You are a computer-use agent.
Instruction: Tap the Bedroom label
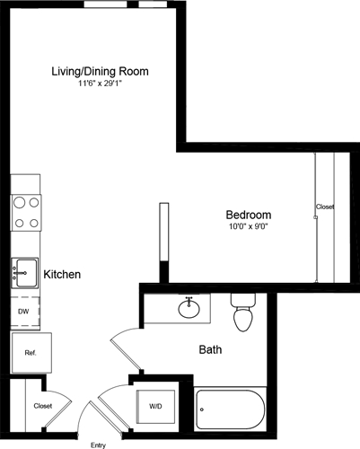tap(248, 215)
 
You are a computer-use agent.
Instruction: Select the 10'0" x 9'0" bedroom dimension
tap(248, 227)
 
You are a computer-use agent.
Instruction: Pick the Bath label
tap(210, 349)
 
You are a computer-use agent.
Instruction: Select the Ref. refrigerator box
tap(29, 353)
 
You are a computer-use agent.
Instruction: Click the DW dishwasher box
tap(24, 311)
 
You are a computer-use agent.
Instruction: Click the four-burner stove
tap(25, 213)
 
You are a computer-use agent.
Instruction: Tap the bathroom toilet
tap(243, 313)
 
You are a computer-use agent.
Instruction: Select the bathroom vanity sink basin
tap(189, 309)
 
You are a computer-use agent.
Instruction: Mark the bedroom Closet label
tap(325, 207)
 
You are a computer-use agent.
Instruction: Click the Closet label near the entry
tap(42, 406)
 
